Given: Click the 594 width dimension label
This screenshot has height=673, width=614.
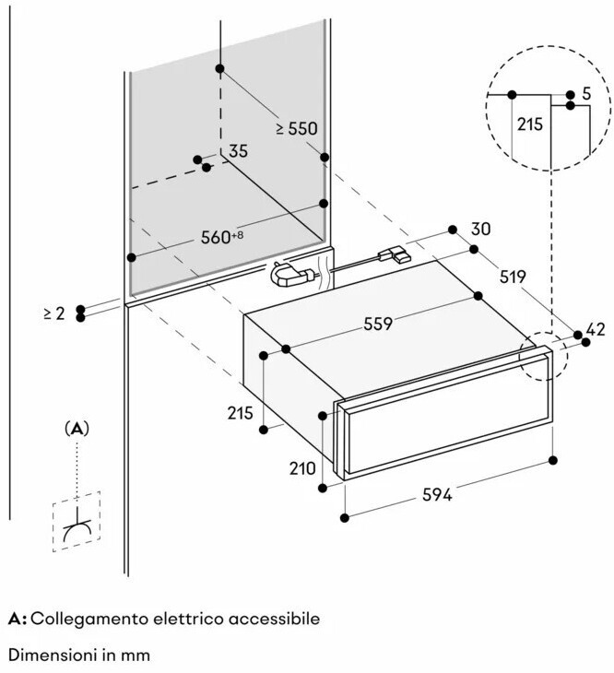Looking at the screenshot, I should [436, 495].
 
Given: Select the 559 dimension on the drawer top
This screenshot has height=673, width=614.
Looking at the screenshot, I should [378, 324].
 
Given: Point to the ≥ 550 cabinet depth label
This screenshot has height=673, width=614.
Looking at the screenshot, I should [297, 129].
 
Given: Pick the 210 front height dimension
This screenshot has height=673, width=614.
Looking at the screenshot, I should [302, 468].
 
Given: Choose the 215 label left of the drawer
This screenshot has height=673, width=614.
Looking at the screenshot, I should [240, 414].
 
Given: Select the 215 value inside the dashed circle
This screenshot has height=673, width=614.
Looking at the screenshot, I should [530, 124].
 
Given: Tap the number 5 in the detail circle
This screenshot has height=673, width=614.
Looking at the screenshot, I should [586, 94].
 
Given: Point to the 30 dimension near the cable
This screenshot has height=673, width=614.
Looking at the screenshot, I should [479, 230].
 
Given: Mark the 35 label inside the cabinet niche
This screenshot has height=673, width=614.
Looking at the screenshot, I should [238, 151].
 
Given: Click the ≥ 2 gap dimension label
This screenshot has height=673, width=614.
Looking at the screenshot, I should [54, 313].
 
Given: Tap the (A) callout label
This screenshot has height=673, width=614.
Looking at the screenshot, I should [77, 429].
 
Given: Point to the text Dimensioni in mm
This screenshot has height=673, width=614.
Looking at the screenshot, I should [79, 655].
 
